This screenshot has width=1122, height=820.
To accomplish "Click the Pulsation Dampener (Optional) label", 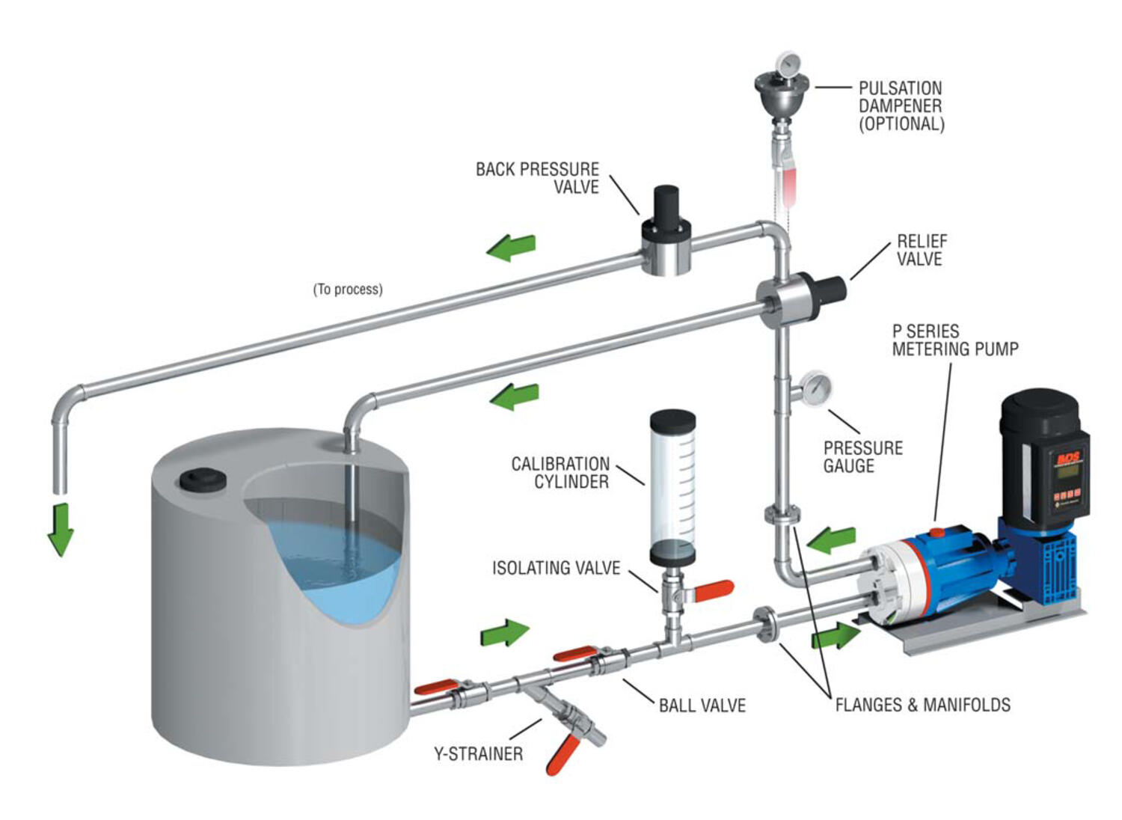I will pyautogui.click(x=901, y=106).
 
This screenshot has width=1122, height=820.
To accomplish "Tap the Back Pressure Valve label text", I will pyautogui.click(x=538, y=178).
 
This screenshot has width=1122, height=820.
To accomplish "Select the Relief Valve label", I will pyautogui.click(x=922, y=250).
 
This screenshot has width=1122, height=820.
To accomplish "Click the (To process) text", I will pyautogui.click(x=348, y=289).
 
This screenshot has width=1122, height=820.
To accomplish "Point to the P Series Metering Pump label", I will pyautogui.click(x=954, y=340).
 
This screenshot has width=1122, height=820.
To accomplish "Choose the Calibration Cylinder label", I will pyautogui.click(x=560, y=473).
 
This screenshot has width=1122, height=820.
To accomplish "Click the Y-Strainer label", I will pyautogui.click(x=478, y=753).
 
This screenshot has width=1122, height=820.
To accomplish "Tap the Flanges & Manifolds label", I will pyautogui.click(x=922, y=705).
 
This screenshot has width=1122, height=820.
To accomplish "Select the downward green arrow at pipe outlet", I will pyautogui.click(x=60, y=529).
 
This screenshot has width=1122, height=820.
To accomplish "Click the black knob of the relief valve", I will pyautogui.click(x=831, y=289).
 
